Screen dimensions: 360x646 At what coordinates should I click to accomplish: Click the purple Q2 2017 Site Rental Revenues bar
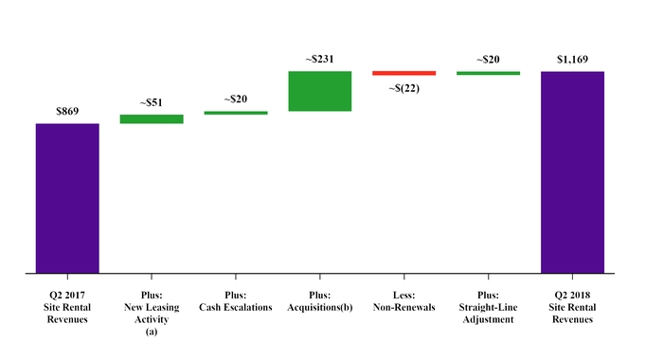click(x=67, y=198)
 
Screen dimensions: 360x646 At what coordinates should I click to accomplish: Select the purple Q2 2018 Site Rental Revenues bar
click(x=572, y=171)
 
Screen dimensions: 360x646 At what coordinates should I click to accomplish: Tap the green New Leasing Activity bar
click(x=152, y=119)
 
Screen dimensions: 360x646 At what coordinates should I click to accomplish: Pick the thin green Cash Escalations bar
click(x=236, y=113)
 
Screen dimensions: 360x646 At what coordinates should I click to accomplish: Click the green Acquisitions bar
click(x=320, y=91)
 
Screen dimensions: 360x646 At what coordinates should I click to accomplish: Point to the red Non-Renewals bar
click(x=404, y=73)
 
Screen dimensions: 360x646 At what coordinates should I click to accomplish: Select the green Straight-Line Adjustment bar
click(x=488, y=73)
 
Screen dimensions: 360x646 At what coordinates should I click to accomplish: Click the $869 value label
click(x=67, y=111)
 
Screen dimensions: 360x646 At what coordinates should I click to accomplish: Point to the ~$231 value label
click(x=320, y=60)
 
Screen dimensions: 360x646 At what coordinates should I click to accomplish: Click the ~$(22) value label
click(x=404, y=88)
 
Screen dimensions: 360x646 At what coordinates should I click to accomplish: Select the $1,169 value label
click(x=572, y=60)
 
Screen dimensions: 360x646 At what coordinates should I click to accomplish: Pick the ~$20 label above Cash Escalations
click(x=236, y=99)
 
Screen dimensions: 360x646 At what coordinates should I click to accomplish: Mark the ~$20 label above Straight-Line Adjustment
click(x=488, y=59)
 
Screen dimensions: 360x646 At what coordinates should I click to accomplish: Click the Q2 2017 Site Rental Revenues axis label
click(x=67, y=307)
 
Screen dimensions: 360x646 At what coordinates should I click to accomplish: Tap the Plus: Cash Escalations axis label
click(x=236, y=301)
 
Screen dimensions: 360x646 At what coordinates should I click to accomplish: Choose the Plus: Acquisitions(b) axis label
click(x=320, y=301)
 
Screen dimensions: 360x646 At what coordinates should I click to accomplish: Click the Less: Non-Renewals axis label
click(x=404, y=301)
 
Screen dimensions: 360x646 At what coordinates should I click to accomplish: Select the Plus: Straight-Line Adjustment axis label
click(x=488, y=307)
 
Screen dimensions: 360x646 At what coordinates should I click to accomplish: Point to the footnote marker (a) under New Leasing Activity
click(x=152, y=331)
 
